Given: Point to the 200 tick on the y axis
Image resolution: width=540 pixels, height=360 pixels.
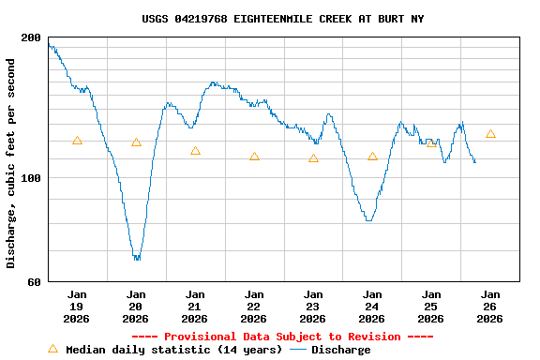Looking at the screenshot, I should coord(31,37).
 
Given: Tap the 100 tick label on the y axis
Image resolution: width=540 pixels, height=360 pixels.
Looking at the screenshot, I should coord(31,178).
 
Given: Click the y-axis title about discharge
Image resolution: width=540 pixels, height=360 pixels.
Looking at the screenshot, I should coord(11,163).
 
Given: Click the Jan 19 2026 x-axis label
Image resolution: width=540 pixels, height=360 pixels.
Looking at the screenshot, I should coord(77,306).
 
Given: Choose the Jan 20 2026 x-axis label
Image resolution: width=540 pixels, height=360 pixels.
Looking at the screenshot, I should coord(136,306).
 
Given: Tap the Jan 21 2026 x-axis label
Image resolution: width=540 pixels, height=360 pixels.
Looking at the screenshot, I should coord(195,306).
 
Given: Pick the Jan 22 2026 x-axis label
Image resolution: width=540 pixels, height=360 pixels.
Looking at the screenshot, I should coord(254,306).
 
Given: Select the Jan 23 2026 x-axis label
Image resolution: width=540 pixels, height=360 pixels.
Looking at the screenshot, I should coord(313,306).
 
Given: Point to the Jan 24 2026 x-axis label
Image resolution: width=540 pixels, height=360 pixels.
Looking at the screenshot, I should coord(372,306).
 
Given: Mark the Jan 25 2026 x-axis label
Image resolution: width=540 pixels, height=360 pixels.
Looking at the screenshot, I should coord(431,306).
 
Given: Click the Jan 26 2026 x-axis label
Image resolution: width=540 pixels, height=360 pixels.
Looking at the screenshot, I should coord(490,306).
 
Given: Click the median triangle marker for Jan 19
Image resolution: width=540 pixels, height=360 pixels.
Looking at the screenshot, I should coord(77,141).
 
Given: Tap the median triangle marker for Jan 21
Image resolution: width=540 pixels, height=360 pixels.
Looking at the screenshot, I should coord(195,151).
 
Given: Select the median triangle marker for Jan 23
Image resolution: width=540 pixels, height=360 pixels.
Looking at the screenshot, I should coord(313,158).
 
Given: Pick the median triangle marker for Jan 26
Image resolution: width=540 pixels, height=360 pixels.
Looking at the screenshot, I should coord(490,134).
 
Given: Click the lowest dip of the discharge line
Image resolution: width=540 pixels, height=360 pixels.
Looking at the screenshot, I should coord(137,258).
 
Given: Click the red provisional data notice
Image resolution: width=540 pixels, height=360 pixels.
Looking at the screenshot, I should coord(282,337).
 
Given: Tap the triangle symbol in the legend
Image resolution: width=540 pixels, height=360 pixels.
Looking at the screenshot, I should coord(52,349).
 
